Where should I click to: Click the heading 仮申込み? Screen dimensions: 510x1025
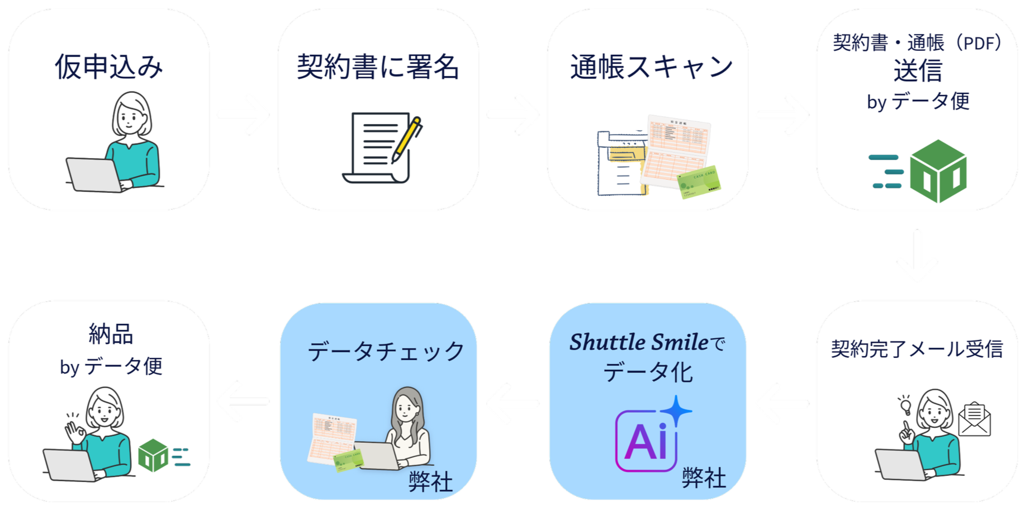[109, 67]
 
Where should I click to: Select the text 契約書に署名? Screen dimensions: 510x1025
[378, 67]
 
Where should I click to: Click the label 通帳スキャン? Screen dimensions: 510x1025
[651, 67]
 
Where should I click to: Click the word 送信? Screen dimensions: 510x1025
[917, 71]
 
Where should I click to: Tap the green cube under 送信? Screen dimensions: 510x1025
[938, 171]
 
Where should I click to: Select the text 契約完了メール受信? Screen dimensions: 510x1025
[917, 349]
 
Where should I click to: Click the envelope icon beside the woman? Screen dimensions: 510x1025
[974, 419]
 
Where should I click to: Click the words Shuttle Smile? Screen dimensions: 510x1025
[638, 342]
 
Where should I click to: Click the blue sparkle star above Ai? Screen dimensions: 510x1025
[676, 411]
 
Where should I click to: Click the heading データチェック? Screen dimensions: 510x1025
[386, 352]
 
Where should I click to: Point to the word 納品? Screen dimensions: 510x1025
[111, 334]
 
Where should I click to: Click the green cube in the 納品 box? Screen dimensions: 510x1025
[153, 455]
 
